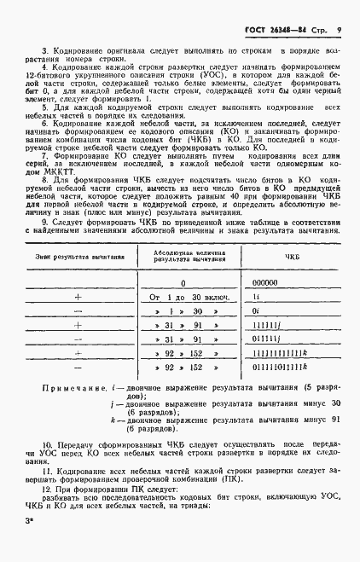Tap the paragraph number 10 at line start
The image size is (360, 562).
[48, 467]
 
